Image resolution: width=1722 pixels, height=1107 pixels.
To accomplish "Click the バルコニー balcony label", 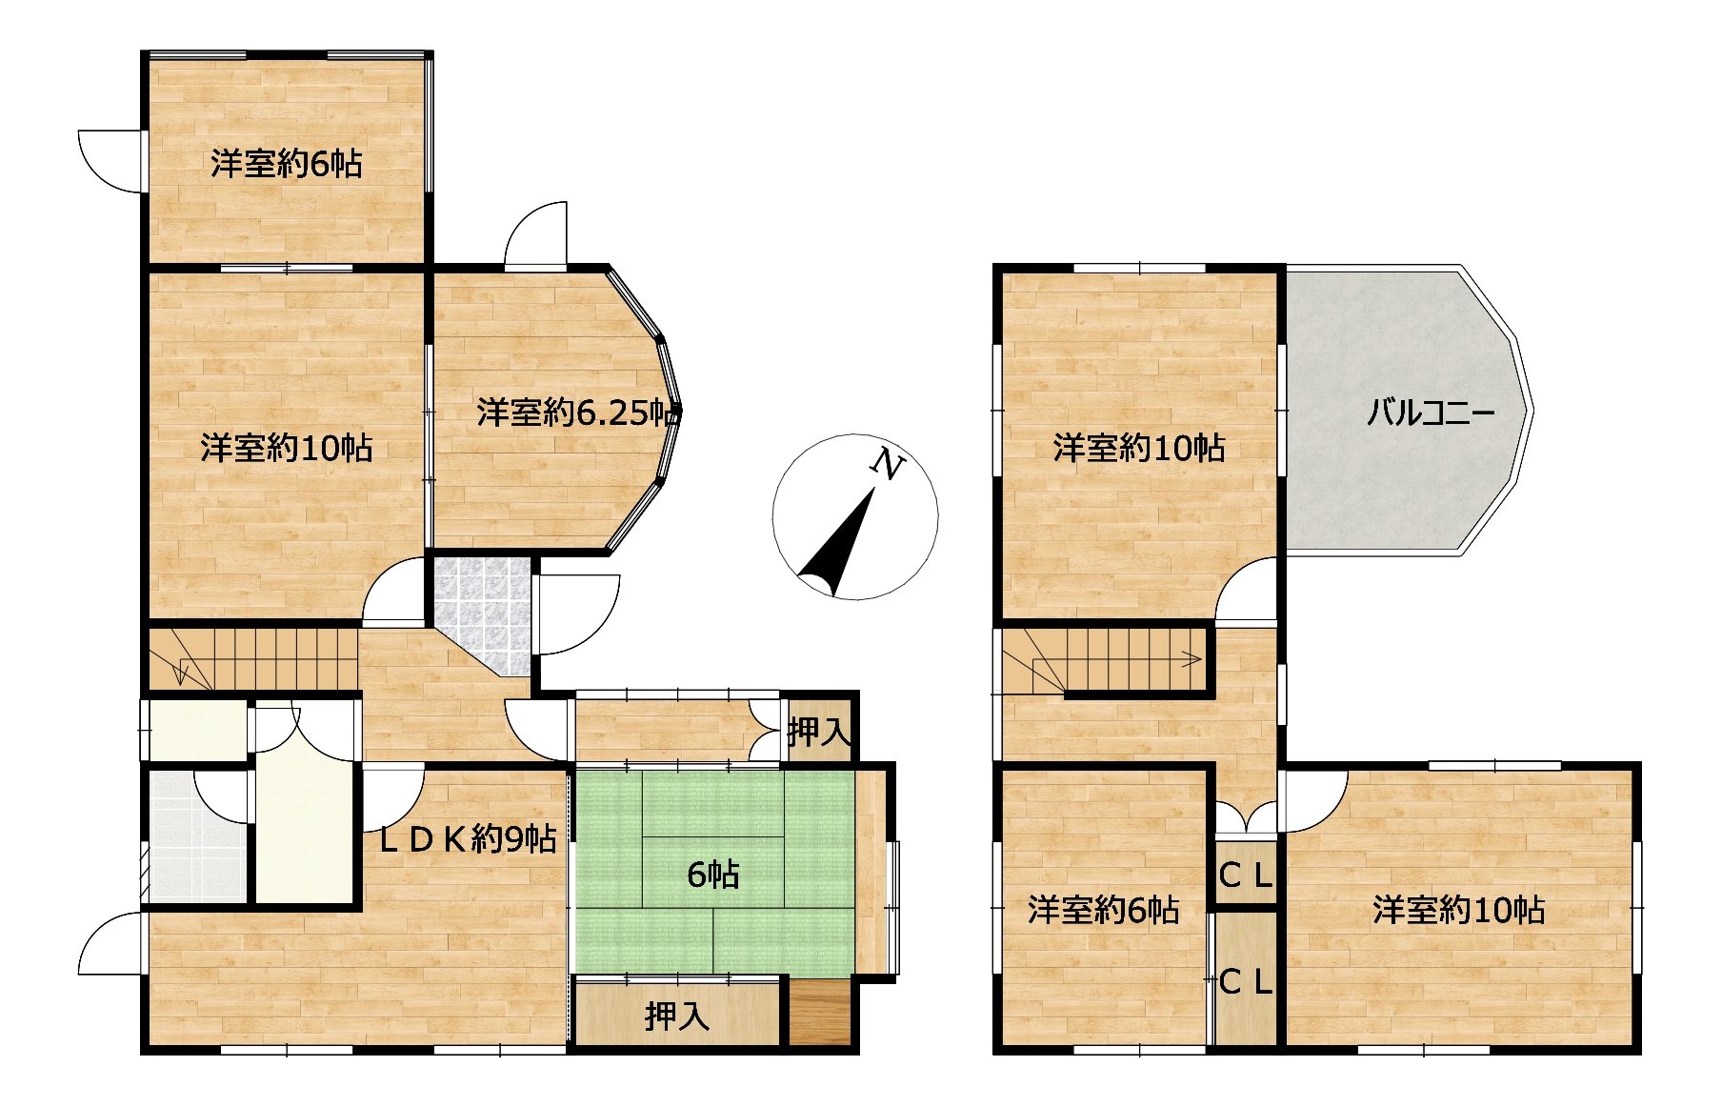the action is click(1431, 413).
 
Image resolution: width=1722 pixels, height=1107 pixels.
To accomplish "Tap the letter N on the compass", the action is click(889, 465).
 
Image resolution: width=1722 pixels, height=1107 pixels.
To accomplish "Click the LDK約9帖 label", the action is click(468, 838).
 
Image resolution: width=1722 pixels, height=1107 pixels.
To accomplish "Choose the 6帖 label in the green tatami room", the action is click(713, 874).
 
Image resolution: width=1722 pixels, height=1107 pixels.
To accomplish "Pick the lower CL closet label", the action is click(1246, 981).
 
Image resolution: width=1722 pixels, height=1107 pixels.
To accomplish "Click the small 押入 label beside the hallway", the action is click(818, 732).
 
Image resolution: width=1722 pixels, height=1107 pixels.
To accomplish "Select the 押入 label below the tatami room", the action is click(677, 1016).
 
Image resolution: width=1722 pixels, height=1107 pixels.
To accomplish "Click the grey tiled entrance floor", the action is click(483, 611).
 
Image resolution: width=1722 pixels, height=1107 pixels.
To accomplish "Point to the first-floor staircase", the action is click(252, 659).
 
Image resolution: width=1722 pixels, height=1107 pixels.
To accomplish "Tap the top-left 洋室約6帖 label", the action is click(286, 164).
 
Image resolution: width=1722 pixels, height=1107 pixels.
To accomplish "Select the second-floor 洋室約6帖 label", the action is click(1103, 911).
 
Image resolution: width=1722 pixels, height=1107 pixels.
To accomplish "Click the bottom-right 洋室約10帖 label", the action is click(1458, 911).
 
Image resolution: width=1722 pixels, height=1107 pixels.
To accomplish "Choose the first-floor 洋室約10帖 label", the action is click(286, 448).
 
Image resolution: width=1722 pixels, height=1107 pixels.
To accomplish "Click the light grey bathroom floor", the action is click(197, 838).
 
